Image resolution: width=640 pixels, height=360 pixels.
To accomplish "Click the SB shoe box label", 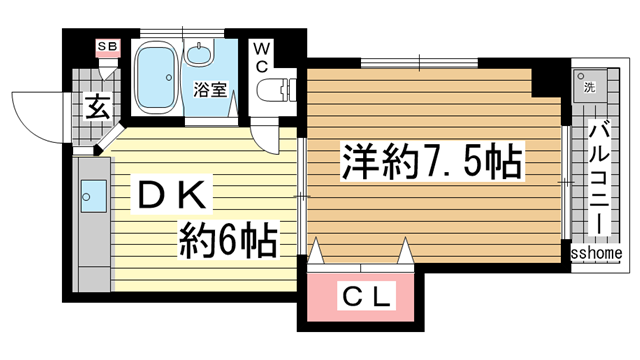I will (x=104, y=46).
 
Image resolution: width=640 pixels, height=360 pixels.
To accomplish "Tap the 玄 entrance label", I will (x=96, y=104).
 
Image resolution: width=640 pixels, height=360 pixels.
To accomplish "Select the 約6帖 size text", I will (x=228, y=239).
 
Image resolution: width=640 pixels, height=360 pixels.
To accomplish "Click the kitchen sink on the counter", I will (x=93, y=192).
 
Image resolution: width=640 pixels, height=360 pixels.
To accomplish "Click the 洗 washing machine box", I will (x=585, y=84).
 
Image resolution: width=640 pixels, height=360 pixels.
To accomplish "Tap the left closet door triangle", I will (x=317, y=253).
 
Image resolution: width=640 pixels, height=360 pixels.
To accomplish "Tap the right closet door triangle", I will (x=405, y=253).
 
